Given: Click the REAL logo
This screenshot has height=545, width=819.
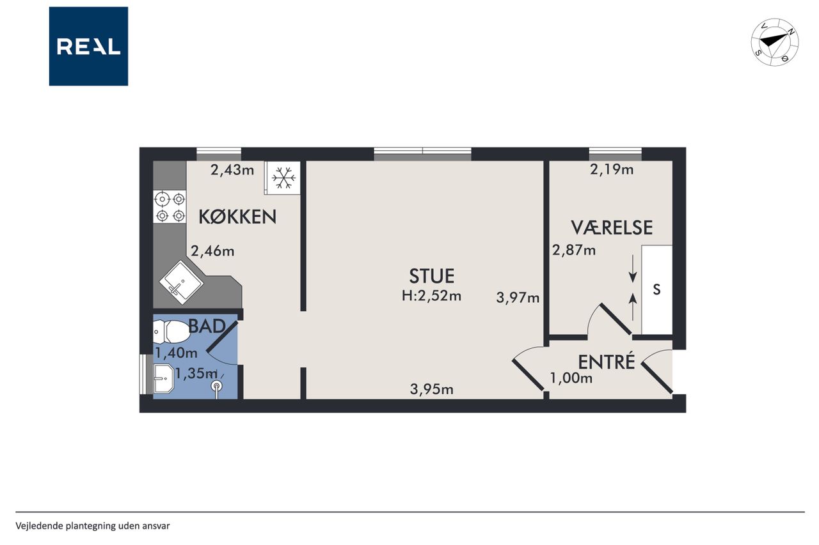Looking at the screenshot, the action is (x=88, y=47).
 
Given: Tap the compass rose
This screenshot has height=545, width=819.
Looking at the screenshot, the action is (x=775, y=42).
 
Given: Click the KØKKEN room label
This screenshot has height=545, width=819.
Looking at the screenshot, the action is (x=237, y=217).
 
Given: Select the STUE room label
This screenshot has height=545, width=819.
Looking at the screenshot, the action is (x=431, y=276).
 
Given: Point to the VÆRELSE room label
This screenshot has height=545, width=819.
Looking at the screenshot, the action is (x=612, y=227).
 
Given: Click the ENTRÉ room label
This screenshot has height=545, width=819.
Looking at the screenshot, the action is (x=606, y=362).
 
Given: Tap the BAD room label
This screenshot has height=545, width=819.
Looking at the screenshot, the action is (x=207, y=326).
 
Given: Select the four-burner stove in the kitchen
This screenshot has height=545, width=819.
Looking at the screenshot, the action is (x=170, y=207).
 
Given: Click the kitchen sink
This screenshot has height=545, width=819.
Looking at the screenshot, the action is (x=181, y=282).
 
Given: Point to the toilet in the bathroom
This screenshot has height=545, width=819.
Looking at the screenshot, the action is (x=171, y=332).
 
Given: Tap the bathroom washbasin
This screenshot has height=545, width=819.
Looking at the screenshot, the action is (x=163, y=378).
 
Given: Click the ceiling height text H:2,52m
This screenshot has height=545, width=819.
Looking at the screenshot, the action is (x=431, y=296).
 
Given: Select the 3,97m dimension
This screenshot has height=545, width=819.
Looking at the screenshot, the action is (x=518, y=298).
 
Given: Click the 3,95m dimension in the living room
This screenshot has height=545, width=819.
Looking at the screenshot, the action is (x=431, y=390).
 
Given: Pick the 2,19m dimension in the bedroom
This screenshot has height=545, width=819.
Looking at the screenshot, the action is (x=612, y=169).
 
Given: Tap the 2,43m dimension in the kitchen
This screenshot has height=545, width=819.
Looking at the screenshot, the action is (x=232, y=170).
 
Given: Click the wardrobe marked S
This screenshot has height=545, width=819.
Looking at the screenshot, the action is (x=657, y=290).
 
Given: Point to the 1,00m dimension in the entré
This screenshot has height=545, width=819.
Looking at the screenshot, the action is (x=571, y=378).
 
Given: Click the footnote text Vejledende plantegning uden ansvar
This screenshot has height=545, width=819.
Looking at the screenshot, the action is (x=93, y=526).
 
